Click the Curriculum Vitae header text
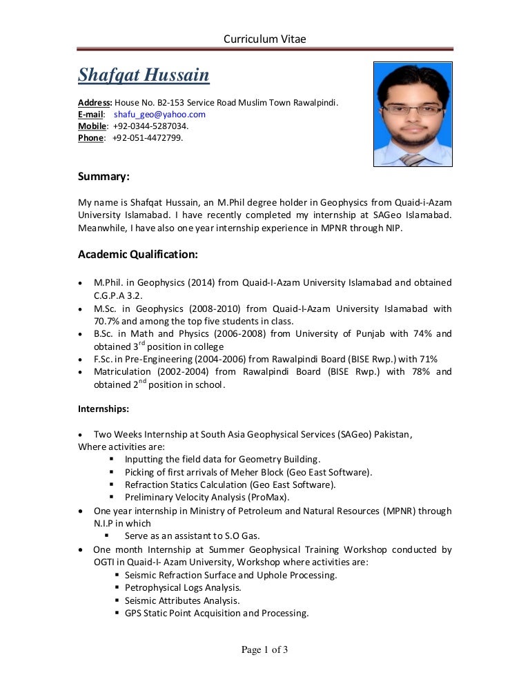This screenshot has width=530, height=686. click(x=264, y=39)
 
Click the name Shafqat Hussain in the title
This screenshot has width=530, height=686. click(x=144, y=75)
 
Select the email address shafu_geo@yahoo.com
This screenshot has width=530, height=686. click(x=159, y=115)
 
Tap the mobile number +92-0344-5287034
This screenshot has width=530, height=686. click(x=150, y=126)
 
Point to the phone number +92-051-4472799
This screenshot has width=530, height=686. click(x=148, y=138)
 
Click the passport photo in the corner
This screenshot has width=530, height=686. click(x=413, y=114)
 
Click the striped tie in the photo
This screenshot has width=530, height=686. click(x=413, y=159)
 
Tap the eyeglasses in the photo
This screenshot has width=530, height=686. click(x=412, y=109)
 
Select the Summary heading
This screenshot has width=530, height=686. click(x=104, y=177)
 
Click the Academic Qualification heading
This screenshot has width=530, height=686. click(x=138, y=255)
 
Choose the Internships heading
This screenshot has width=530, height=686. click(x=104, y=409)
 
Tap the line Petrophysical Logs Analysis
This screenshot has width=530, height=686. click(x=183, y=587)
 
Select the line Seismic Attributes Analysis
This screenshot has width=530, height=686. click(x=182, y=600)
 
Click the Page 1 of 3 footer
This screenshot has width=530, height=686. click(x=264, y=649)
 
